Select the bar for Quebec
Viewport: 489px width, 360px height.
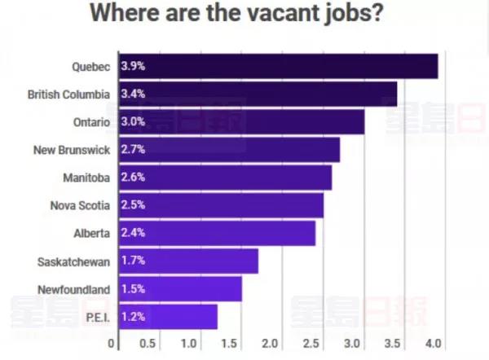278,66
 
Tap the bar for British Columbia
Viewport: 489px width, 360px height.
258,94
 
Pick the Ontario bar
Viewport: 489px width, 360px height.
241,122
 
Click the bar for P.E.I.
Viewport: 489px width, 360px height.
168,317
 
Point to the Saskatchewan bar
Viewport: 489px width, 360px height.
188,261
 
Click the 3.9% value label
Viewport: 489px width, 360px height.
133,66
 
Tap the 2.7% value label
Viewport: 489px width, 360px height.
133,150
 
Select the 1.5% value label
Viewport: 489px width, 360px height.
133,289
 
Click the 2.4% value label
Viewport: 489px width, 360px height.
133,234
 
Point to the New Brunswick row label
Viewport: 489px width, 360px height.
71,150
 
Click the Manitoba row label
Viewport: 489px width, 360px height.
86,178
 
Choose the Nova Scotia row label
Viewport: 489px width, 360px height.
79,206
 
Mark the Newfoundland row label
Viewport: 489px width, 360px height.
74,289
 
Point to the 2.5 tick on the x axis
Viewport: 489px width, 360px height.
311,343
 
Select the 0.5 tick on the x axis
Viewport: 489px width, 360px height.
148,343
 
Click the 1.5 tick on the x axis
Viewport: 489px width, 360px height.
230,343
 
